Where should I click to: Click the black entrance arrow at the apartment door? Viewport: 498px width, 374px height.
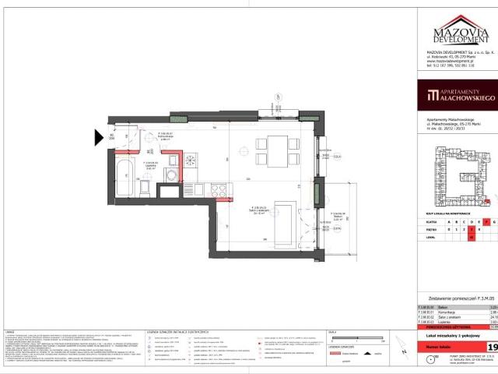point(99,139)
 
